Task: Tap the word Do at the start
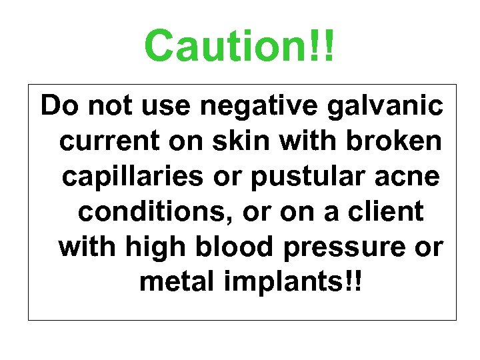click(x=56, y=105)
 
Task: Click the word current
click(x=101, y=141)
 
